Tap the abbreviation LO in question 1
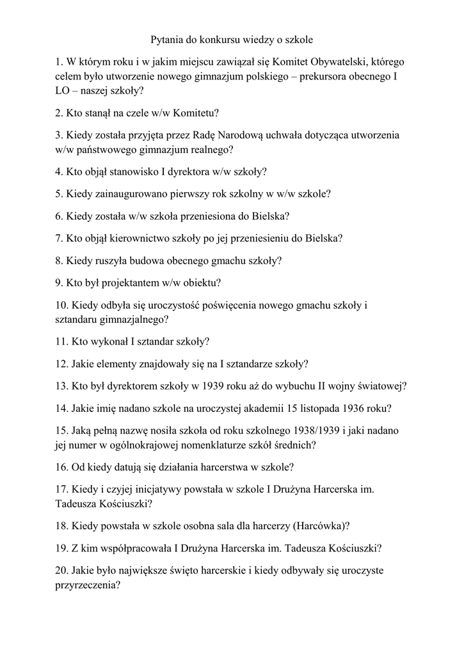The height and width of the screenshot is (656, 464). coord(62,91)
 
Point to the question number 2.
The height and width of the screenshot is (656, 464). coord(58,113)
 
